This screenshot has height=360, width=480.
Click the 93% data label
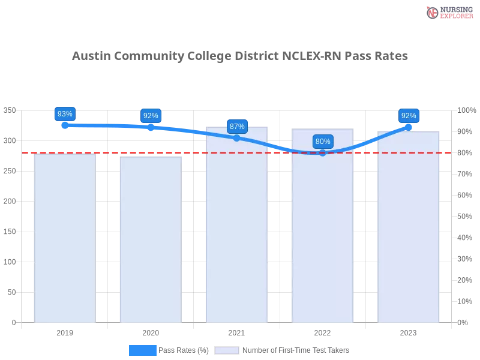coord(65,114)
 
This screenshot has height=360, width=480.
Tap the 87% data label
coord(237,127)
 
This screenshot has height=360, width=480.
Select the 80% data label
coord(323,142)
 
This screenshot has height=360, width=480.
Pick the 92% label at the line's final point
coord(409,116)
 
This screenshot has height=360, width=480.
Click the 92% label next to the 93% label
coord(151,116)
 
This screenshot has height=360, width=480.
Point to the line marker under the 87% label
coord(237,138)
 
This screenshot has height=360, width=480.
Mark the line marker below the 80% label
coord(323,153)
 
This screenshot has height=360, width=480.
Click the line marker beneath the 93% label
coord(65,125)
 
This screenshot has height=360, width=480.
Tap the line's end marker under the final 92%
coord(409,127)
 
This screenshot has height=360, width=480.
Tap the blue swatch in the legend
coord(143,350)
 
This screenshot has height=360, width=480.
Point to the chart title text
coord(240,56)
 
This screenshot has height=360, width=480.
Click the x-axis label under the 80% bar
coord(322,331)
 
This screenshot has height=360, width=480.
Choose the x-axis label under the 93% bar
coord(65,331)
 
